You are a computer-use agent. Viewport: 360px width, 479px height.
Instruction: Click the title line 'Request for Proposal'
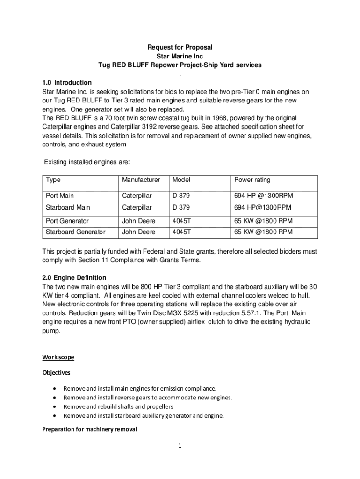180,47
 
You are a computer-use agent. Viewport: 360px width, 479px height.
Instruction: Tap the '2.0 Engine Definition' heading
74,277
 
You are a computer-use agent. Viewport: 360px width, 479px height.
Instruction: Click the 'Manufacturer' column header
141,180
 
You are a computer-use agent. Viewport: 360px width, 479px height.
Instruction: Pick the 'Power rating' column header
252,180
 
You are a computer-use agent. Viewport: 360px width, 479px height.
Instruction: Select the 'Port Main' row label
60,196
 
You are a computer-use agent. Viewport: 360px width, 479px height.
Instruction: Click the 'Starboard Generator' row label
75,232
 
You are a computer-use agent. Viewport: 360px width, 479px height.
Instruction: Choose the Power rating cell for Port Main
264,196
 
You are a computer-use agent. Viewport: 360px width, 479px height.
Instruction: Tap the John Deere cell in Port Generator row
138,221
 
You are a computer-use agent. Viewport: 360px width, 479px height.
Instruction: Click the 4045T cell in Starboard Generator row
182,232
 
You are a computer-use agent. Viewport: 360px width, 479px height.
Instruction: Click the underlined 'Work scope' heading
58,357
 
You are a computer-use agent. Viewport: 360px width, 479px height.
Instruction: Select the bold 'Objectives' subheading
57,373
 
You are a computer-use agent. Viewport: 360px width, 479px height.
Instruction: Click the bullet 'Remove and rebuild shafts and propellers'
118,406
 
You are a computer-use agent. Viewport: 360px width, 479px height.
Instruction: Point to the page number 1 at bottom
180,446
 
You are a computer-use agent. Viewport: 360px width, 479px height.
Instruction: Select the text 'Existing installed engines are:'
86,162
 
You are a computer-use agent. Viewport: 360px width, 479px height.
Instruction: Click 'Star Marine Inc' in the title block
180,56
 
